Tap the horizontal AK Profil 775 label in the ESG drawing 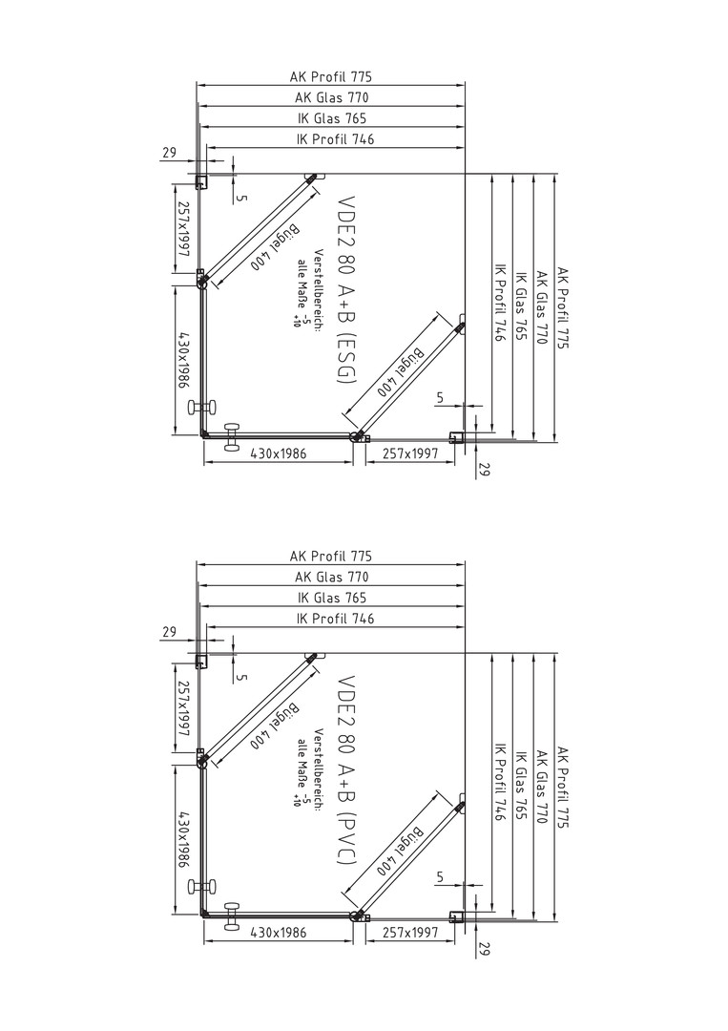point(330,77)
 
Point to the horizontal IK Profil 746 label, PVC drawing point(336,619)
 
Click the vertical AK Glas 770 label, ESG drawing point(542,307)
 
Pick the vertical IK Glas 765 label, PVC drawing point(521,785)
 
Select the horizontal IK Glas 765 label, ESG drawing point(332,118)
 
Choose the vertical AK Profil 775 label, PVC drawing point(562,787)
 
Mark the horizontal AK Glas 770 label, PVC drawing point(332,578)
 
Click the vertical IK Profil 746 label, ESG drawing point(500,304)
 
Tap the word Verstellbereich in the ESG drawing point(317,290)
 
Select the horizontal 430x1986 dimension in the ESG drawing point(277,453)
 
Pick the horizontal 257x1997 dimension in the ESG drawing point(410,453)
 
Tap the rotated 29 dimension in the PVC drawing point(485,949)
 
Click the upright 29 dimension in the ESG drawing point(169,153)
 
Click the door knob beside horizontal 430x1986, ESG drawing point(231,437)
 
